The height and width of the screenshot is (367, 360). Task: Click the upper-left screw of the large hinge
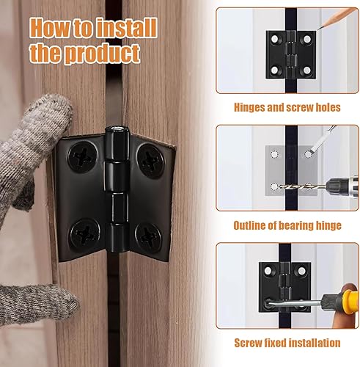[82, 156]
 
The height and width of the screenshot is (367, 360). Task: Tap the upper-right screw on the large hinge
[150, 160]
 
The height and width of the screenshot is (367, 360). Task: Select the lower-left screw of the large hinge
[85, 233]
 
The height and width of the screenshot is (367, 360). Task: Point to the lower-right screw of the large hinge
[148, 237]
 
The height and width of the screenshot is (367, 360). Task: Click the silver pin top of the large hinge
[117, 128]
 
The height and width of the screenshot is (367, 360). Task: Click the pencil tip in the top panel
[319, 29]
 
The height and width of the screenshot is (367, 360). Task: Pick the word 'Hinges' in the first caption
[249, 107]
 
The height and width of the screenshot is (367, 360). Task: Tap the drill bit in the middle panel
[303, 187]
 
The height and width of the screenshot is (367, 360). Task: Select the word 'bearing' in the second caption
[295, 225]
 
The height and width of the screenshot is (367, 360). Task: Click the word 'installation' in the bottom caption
[313, 343]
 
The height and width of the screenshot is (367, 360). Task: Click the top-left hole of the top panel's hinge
[275, 39]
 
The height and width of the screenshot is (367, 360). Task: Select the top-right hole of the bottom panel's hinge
[302, 271]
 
